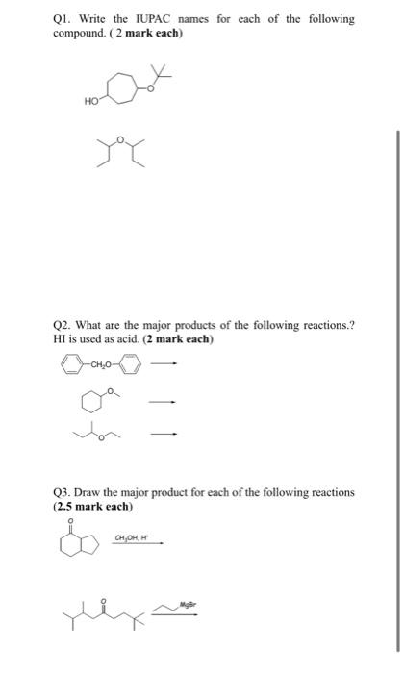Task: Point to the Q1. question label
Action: tap(65, 19)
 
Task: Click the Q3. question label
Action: tap(65, 492)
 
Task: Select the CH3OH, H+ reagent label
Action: tap(132, 538)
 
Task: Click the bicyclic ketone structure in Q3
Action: tap(77, 548)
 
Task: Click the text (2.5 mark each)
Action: tap(93, 506)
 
